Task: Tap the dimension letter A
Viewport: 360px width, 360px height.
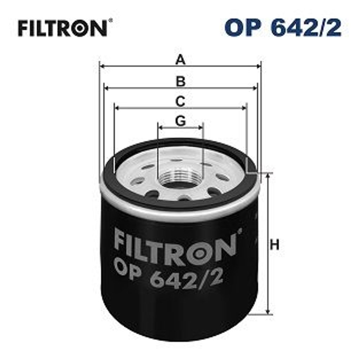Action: pyautogui.click(x=180, y=60)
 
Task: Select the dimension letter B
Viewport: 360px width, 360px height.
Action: pyautogui.click(x=180, y=81)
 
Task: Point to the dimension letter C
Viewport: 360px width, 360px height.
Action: pyautogui.click(x=180, y=101)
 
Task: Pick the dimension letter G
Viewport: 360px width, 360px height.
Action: pyautogui.click(x=180, y=121)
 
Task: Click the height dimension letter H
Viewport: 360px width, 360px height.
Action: pyautogui.click(x=274, y=245)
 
